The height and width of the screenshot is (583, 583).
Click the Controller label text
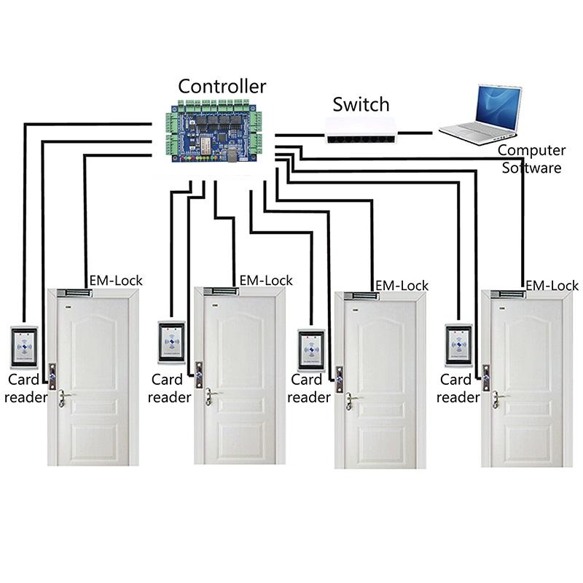click(x=222, y=86)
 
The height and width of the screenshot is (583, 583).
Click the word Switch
click(x=361, y=103)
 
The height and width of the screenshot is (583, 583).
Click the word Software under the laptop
click(x=536, y=168)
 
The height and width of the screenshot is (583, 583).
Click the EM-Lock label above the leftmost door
click(x=116, y=281)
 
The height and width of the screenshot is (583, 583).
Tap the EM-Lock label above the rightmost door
click(x=552, y=286)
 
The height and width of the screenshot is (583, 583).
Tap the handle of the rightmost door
click(x=499, y=397)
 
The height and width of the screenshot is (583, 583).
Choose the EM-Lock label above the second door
click(x=266, y=281)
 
